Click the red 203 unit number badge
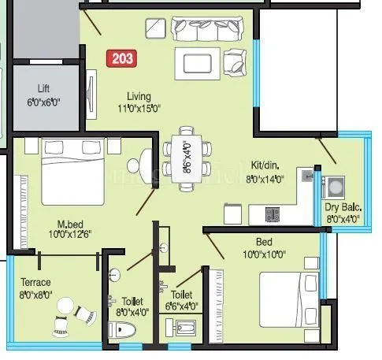coord(122,58)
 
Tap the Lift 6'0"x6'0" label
coord(43,95)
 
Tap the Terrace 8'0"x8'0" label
coord(36,288)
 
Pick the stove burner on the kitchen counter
coord(273,213)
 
